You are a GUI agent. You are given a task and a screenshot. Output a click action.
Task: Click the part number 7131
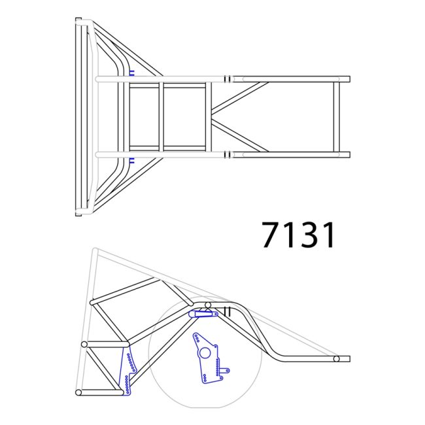point(299,235)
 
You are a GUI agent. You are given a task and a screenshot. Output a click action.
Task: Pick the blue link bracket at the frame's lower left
point(128,371)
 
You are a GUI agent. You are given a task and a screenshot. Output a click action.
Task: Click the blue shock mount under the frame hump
point(203,314)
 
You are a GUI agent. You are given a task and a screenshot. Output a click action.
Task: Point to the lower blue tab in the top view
point(131,160)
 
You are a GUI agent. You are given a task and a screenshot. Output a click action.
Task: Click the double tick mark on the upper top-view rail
point(227,79)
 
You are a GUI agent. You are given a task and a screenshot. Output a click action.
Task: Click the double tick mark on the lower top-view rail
point(227,155)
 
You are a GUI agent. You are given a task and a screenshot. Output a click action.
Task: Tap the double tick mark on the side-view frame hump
point(228,311)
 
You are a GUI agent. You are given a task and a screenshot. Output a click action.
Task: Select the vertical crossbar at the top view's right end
point(336,117)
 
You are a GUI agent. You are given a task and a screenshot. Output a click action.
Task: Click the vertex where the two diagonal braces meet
point(212,117)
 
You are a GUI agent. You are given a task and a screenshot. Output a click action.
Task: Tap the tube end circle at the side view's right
point(336,359)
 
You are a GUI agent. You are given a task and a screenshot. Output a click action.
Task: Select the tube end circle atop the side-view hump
point(207,305)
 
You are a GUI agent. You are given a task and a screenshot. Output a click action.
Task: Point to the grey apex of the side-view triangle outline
point(95,250)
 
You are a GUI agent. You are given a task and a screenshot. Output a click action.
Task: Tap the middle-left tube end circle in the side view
point(84,345)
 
